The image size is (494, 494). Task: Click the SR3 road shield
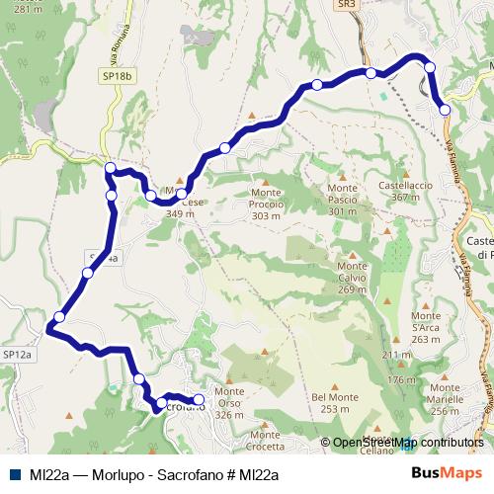(x=346, y=5)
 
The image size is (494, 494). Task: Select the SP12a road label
(x=17, y=353)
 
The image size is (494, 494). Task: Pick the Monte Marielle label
(x=446, y=398)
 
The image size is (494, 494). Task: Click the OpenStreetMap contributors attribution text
(x=408, y=444)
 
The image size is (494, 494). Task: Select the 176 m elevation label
(x=402, y=379)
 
